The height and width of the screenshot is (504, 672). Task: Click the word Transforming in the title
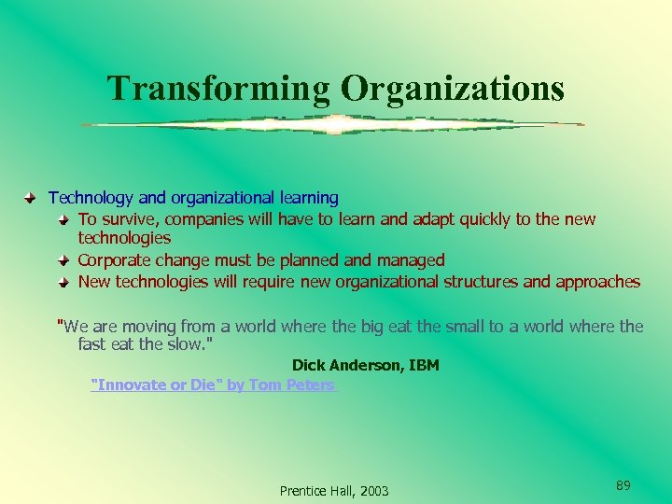(218, 88)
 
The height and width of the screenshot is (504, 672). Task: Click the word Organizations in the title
(453, 88)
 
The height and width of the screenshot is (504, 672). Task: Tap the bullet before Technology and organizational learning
(31, 198)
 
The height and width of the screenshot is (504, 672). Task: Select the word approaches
(597, 282)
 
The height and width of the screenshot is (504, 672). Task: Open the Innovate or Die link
(212, 385)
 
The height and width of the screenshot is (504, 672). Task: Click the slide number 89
(623, 484)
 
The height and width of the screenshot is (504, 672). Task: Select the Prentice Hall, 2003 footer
(334, 491)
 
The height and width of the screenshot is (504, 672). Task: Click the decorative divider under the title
(332, 124)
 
